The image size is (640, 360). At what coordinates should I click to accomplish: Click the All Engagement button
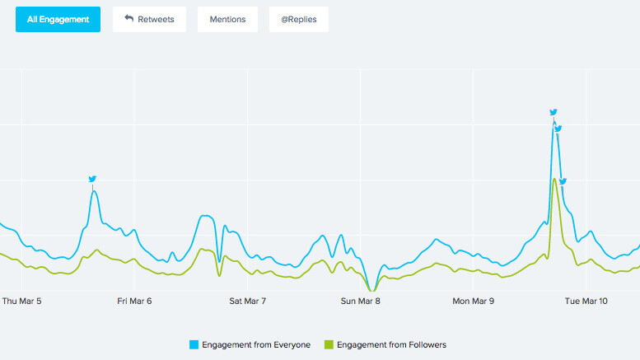(x=58, y=19)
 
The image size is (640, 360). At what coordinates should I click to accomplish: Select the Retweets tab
(x=149, y=19)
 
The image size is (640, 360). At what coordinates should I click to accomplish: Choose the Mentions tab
(x=227, y=19)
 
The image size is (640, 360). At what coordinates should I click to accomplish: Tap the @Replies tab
(x=298, y=19)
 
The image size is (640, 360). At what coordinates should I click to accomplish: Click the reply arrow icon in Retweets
(x=128, y=18)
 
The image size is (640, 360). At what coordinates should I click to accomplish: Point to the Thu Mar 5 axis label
(x=22, y=302)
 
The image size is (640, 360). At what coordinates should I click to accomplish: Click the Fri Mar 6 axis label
(x=134, y=302)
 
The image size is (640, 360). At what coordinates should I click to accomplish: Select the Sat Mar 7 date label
(x=247, y=302)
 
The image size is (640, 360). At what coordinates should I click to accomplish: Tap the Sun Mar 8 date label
(x=361, y=302)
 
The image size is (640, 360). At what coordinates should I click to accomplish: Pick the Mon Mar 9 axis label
(x=474, y=302)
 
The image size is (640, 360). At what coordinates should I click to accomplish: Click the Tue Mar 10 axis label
(x=586, y=302)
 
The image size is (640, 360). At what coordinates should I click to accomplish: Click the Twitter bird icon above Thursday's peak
(x=92, y=179)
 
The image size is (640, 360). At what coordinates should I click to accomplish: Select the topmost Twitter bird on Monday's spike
(x=554, y=112)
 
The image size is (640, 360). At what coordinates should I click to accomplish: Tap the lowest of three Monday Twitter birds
(x=563, y=181)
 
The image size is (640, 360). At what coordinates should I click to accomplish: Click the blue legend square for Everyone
(x=194, y=344)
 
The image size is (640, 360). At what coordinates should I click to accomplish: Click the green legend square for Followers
(x=330, y=344)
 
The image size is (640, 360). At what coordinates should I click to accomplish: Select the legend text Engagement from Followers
(x=391, y=344)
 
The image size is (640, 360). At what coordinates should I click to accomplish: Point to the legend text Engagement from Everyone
(x=256, y=344)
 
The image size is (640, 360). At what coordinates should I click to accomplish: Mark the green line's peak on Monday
(x=554, y=180)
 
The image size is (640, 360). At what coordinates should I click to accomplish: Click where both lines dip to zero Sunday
(x=372, y=291)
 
